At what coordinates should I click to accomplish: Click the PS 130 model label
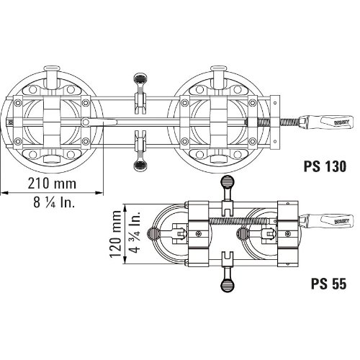325,166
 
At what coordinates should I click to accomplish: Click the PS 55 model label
329,284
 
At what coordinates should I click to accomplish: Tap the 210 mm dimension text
52,184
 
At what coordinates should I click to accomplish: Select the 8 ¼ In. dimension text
54,202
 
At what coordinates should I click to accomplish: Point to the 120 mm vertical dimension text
115,234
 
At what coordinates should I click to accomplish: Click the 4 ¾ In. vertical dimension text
135,233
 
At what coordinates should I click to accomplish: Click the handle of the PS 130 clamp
326,122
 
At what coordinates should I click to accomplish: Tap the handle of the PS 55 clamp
326,221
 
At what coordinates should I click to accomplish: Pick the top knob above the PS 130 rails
140,78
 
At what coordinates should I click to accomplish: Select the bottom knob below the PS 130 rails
140,165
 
